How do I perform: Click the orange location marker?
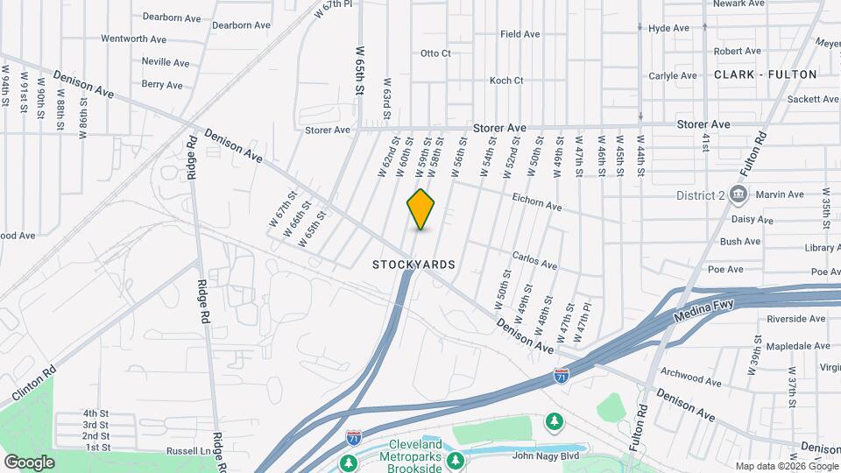click(x=421, y=209)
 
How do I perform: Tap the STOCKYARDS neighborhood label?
click(x=413, y=264)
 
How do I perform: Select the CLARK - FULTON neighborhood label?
click(x=765, y=74)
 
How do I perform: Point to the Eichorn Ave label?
click(x=536, y=203)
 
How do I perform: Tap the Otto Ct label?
click(x=435, y=53)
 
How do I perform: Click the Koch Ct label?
click(x=506, y=81)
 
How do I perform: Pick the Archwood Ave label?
click(x=690, y=377)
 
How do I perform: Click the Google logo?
click(x=29, y=462)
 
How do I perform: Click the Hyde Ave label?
click(x=668, y=28)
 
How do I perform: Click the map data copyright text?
click(x=786, y=466)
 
